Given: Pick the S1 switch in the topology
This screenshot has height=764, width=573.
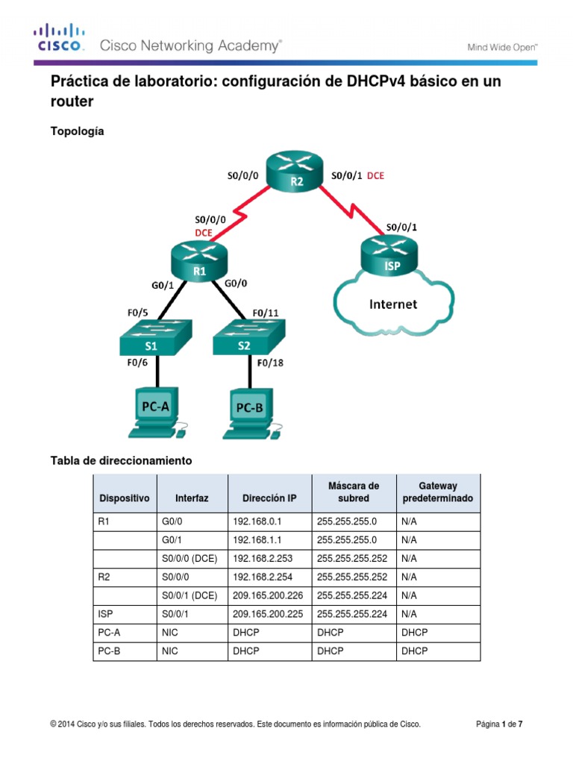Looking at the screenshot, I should coord(154,338).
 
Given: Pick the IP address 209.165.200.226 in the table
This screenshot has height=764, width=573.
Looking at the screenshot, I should coord(269,595).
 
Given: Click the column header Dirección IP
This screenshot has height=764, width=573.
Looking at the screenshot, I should coord(269,498).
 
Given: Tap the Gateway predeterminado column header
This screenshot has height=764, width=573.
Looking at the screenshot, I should coord(438,492).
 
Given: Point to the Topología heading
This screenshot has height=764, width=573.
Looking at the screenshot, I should coord(77,131).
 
